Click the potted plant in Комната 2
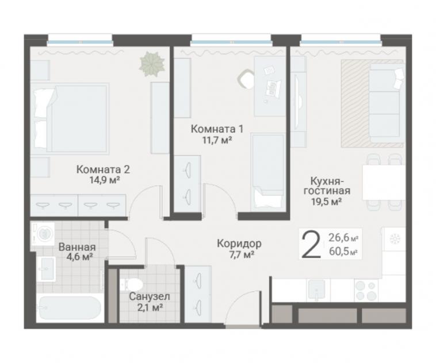coord(151,64)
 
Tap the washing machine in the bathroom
coord(42,233)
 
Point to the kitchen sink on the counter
coord(317,290)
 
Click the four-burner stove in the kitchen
coord(366,291)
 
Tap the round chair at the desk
coord(246,79)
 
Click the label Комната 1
coord(217,129)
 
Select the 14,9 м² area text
coord(104,180)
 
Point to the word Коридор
coord(239,244)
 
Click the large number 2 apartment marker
coord(311,245)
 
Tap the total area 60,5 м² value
coord(343,252)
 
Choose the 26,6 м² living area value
coord(343,238)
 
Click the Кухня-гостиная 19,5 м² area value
coord(327,202)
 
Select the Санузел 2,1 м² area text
coord(150,307)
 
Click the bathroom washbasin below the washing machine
coord(46,269)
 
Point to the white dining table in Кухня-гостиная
coord(384,183)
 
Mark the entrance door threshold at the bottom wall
coord(243,327)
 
